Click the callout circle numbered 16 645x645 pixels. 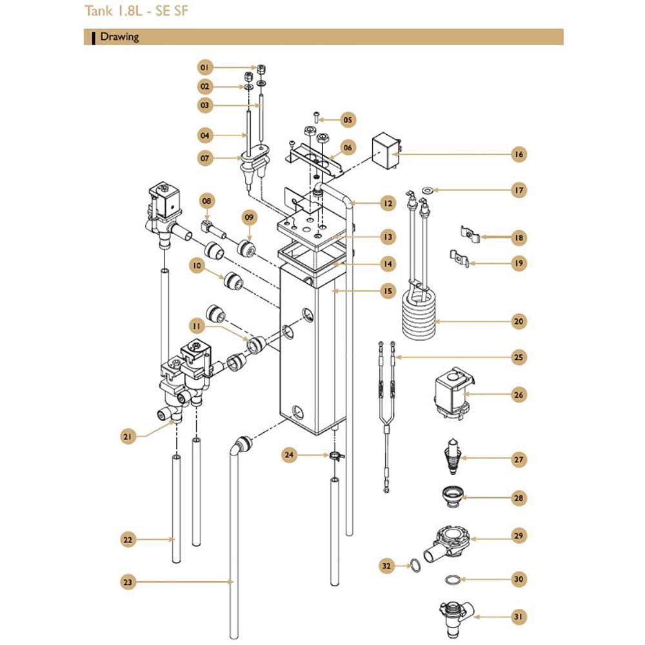pos(519,154)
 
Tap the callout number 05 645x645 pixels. pos(348,120)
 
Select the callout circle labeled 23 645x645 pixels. pos(128,582)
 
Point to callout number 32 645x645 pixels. pos(386,566)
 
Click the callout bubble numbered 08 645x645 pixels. pos(206,201)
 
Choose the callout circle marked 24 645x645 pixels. pos(289,455)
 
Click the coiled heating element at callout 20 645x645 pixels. pos(419,309)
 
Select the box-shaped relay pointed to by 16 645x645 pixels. pos(386,151)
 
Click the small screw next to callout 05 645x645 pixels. pos(317,117)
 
